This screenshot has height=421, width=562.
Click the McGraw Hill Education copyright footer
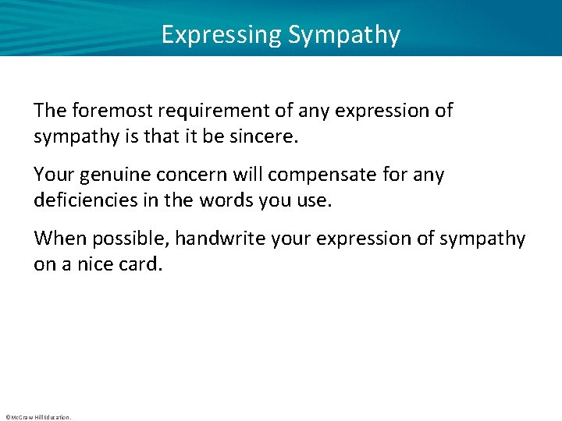point(37,417)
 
